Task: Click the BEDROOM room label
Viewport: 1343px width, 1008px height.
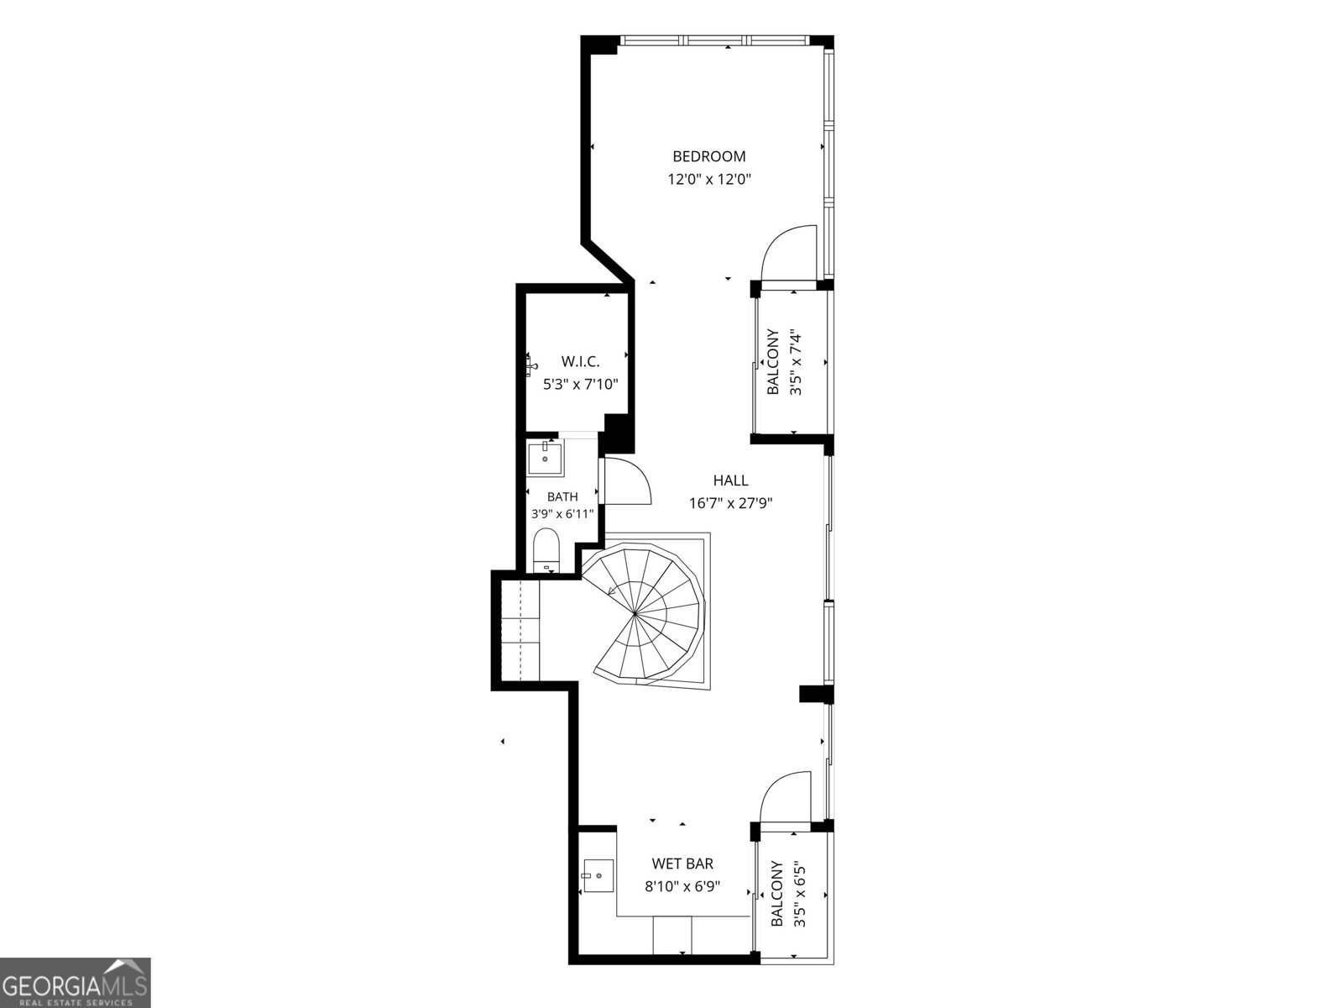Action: (x=709, y=156)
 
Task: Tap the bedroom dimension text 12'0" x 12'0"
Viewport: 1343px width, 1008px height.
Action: (x=709, y=179)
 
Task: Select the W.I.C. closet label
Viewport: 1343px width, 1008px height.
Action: (x=580, y=361)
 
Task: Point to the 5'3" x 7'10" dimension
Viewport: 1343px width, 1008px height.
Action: (x=581, y=385)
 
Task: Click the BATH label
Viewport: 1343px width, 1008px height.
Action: (x=562, y=496)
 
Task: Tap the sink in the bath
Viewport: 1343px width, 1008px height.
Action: (x=545, y=459)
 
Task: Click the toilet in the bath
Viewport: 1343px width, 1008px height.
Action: (x=546, y=549)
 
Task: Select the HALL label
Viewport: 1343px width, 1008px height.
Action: (x=730, y=480)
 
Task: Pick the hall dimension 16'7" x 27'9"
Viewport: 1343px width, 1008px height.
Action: (x=730, y=503)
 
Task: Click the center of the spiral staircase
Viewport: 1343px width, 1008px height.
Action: (x=636, y=612)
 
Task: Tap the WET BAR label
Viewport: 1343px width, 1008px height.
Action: (x=682, y=864)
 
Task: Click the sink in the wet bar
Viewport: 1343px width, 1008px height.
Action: (x=598, y=875)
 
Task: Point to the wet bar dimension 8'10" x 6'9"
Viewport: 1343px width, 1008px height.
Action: (x=682, y=886)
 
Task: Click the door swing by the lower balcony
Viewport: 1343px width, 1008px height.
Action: (x=784, y=795)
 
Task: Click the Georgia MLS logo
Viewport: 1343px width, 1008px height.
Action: (x=75, y=982)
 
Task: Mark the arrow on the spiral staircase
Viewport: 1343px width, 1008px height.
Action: (x=612, y=591)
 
